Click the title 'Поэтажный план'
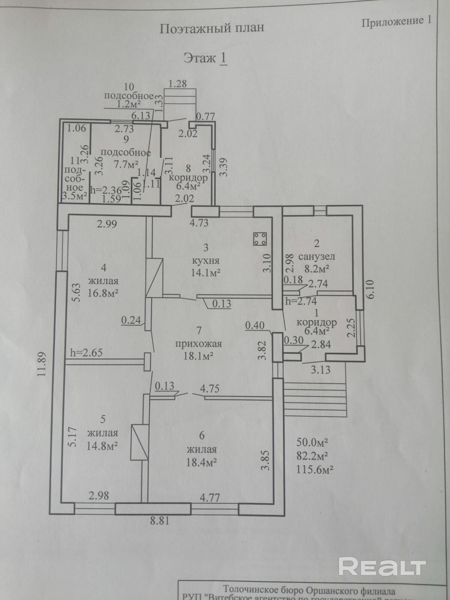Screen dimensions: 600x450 212,28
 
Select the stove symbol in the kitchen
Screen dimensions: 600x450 259,239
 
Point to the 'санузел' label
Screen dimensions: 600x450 316,257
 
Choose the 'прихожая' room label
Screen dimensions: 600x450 199,343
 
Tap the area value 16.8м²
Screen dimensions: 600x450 103,293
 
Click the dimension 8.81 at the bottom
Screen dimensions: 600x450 160,521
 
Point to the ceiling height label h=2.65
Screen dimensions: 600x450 86,352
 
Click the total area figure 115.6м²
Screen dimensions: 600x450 315,469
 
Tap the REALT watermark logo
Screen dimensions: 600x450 382,566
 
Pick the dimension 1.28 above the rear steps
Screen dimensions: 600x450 177,84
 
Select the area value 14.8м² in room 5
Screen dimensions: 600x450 102,446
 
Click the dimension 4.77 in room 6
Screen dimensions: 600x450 210,498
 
